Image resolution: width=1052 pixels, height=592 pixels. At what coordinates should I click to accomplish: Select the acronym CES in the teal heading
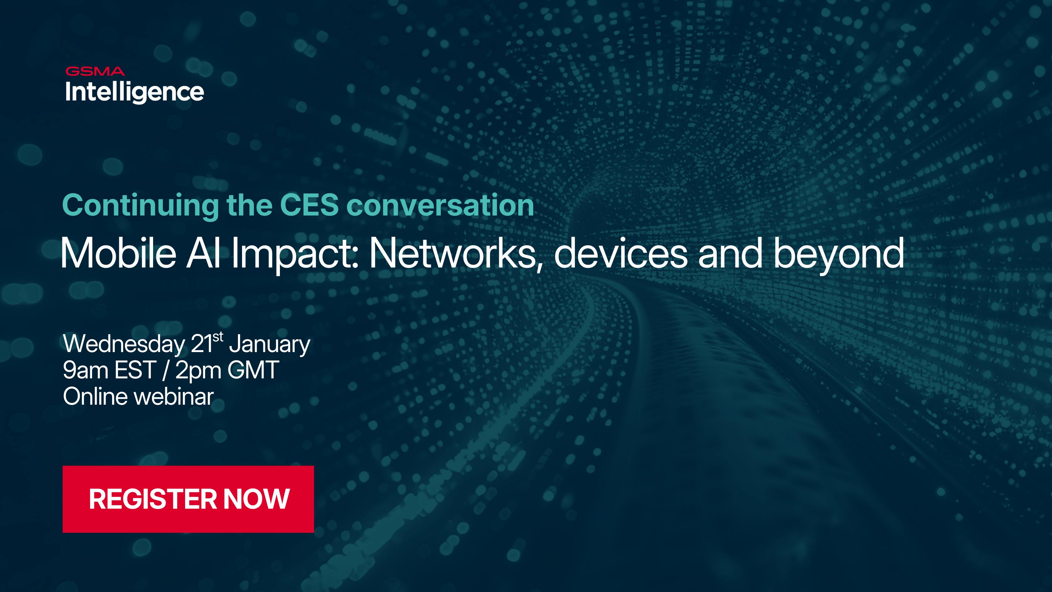tap(309, 205)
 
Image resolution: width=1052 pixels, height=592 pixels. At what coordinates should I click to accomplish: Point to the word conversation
tap(440, 205)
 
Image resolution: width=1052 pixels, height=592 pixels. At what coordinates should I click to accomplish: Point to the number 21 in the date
tap(201, 344)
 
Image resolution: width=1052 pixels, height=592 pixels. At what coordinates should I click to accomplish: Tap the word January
tap(270, 344)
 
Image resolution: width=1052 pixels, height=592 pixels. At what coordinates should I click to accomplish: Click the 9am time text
tap(86, 370)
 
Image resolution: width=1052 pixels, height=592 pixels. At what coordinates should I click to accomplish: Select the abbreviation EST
tap(136, 370)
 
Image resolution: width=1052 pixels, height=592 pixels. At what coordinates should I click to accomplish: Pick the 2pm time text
tap(198, 370)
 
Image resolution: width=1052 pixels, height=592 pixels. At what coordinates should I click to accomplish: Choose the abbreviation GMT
tap(253, 370)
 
